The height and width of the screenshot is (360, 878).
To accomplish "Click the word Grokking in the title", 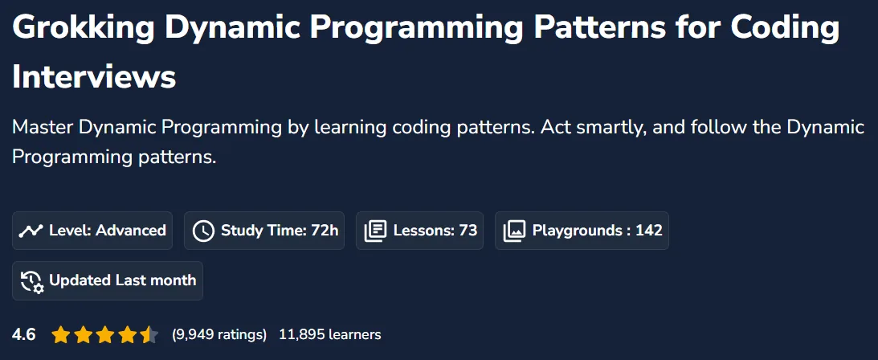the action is [83, 28].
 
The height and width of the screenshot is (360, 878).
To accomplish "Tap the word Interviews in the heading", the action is [94, 76].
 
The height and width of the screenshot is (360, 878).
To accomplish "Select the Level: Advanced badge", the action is [92, 230].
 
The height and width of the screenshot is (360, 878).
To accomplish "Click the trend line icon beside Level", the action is [31, 231].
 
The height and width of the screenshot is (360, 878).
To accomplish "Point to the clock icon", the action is [203, 231].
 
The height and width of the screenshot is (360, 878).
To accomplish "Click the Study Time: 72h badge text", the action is [280, 230].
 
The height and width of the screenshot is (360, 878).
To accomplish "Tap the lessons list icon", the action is [375, 231].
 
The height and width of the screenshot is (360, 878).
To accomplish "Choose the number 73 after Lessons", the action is [468, 230].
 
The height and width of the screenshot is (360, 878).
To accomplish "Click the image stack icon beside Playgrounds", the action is [514, 231].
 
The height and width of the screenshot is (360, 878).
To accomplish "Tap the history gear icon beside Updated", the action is [32, 280].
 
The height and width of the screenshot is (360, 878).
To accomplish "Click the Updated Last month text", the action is [123, 280].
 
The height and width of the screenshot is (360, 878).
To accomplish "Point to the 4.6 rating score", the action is [24, 335].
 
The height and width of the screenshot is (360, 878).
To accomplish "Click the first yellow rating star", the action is [60, 335].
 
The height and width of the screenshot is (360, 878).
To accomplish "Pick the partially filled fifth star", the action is [149, 335].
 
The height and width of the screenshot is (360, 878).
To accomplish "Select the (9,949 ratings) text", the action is [219, 335].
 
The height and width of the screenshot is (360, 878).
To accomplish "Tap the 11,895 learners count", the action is [330, 335].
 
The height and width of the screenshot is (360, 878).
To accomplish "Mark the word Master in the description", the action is [43, 127].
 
